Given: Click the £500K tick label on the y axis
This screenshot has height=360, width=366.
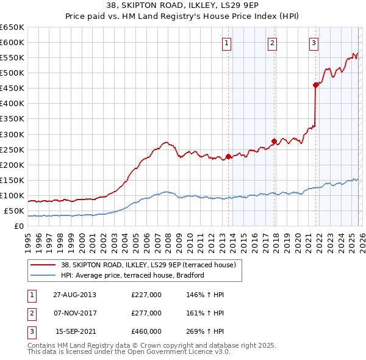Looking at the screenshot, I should click(12, 73).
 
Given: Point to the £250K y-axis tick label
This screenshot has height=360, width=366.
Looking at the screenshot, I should click(12, 149).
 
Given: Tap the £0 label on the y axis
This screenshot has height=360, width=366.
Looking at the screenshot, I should click(18, 226).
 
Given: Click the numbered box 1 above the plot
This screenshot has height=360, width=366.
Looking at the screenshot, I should click(226, 43).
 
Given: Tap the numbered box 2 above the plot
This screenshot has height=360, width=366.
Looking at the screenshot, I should click(271, 43).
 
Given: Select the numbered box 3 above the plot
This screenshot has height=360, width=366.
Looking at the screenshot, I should click(314, 43).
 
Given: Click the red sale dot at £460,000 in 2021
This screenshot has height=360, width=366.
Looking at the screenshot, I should click(315, 85).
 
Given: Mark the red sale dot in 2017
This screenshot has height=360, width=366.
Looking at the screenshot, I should click(274, 141).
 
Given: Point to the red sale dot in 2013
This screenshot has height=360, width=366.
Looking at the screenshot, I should click(229, 156).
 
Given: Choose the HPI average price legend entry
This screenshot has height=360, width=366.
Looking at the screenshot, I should click(132, 275).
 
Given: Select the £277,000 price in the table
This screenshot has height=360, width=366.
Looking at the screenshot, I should click(146, 313).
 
